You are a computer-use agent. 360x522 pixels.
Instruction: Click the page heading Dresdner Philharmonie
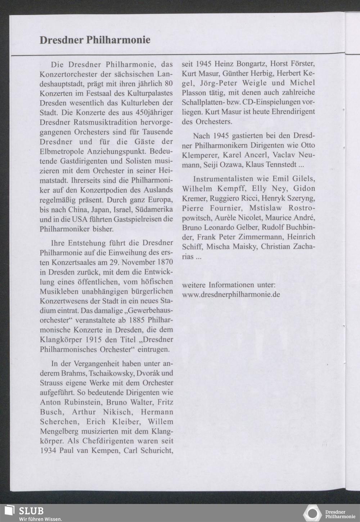coord(95,40)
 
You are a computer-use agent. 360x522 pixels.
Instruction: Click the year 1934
coord(48,451)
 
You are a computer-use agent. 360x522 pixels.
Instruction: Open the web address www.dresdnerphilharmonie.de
coord(231,294)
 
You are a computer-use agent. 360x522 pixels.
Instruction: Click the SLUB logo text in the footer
coord(31,511)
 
